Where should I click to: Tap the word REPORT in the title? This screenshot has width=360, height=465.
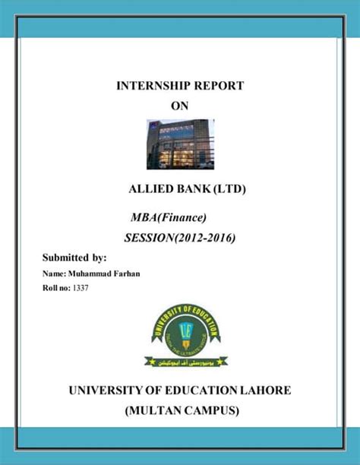[218, 86]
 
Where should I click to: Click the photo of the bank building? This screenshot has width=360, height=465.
[180, 144]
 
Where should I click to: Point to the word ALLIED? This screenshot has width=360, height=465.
[150, 188]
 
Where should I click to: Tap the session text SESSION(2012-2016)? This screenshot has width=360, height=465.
[179, 239]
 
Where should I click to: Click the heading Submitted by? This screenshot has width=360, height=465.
[74, 258]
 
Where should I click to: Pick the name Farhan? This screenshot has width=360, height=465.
[120, 274]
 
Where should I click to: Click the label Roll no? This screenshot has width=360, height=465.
[54, 289]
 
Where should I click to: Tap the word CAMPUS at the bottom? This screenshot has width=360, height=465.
[215, 411]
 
